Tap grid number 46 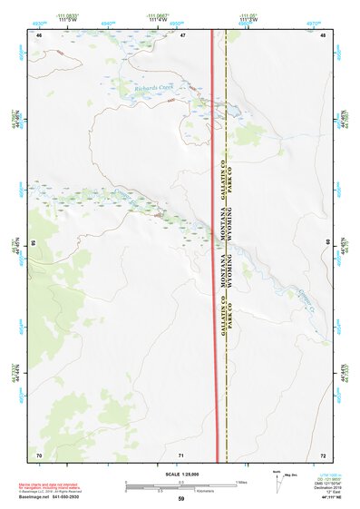click(39, 34)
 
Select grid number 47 click(182, 34)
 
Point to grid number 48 click(324, 34)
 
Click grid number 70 click(39, 454)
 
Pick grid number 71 click(182, 454)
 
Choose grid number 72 click(324, 454)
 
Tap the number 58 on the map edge click(34, 243)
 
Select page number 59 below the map click(181, 499)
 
